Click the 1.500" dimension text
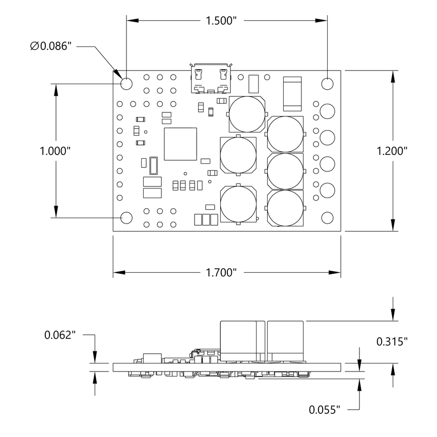click(221, 21)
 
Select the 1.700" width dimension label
click(221, 273)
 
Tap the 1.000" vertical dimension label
click(55, 151)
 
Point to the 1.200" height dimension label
click(392, 151)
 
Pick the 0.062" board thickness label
click(60, 335)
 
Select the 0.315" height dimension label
click(392, 342)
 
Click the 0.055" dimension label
click(325, 409)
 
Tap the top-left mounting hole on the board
click(126, 83)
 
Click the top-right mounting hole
click(328, 83)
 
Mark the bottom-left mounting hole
click(126, 217)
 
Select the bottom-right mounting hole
click(328, 217)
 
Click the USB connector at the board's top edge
click(210, 79)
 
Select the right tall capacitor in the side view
click(286, 341)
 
